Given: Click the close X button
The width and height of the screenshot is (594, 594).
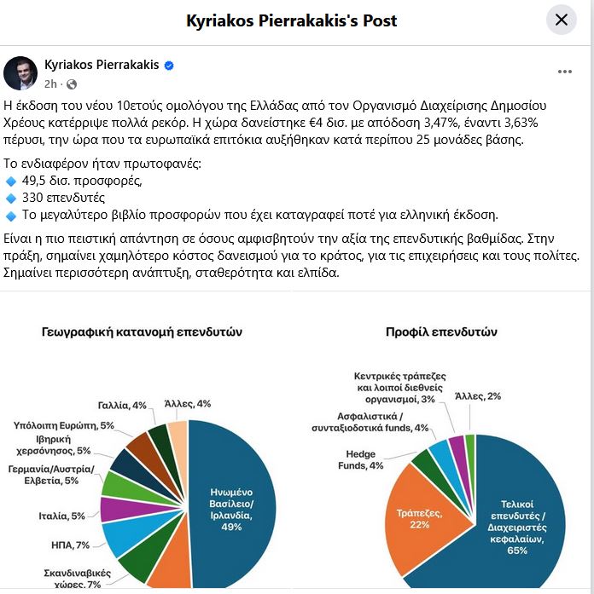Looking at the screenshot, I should [562, 20].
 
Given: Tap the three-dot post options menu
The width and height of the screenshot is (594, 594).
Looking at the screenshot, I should [565, 71].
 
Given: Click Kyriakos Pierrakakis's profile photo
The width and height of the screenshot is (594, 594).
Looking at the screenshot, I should [20, 74].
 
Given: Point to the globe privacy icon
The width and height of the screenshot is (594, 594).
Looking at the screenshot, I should [72, 84].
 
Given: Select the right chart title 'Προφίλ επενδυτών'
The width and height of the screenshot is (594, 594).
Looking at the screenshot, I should [441, 332].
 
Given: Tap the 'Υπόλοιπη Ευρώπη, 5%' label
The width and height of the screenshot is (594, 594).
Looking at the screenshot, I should [64, 424].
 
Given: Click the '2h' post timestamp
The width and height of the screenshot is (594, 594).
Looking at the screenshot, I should [50, 84].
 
